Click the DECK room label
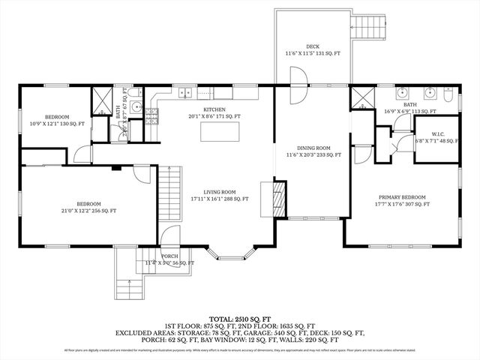312,46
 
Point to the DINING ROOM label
313,148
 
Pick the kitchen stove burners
152,115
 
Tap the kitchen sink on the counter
183,94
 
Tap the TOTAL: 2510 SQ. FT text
241,319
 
